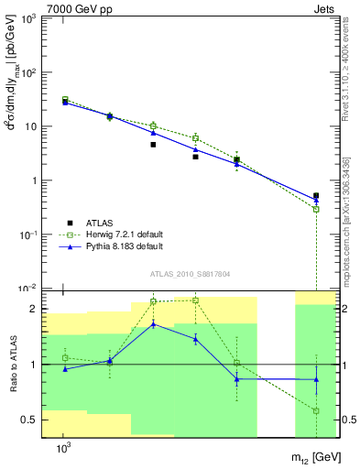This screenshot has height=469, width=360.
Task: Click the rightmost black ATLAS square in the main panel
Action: pyautogui.click(x=316, y=196)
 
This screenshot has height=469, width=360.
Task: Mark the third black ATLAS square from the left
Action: pyautogui.click(x=153, y=145)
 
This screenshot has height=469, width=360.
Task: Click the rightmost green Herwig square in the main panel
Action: pyautogui.click(x=316, y=210)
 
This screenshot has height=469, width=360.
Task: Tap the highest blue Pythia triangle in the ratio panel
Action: pyautogui.click(x=153, y=323)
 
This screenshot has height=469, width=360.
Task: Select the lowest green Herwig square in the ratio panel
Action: pyautogui.click(x=316, y=410)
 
